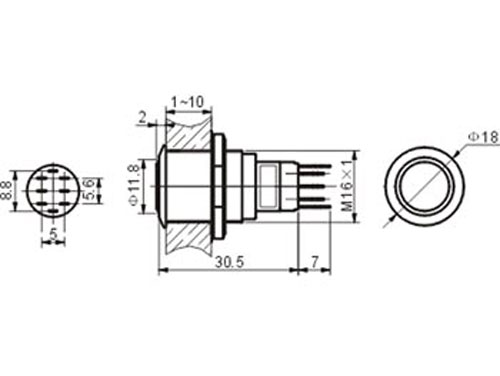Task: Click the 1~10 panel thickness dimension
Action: pyautogui.click(x=187, y=102)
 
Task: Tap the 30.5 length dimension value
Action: pyautogui.click(x=229, y=262)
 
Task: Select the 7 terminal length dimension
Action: pyautogui.click(x=315, y=262)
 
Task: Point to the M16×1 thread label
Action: pyautogui.click(x=348, y=186)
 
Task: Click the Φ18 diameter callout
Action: pyautogui.click(x=483, y=137)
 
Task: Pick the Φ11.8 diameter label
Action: pyautogui.click(x=134, y=185)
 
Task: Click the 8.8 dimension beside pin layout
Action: pyautogui.click(x=6, y=190)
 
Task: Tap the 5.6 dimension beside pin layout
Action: pyautogui.click(x=91, y=190)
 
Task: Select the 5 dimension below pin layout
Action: pyautogui.click(x=53, y=234)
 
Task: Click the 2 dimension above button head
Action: pyautogui.click(x=143, y=117)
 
